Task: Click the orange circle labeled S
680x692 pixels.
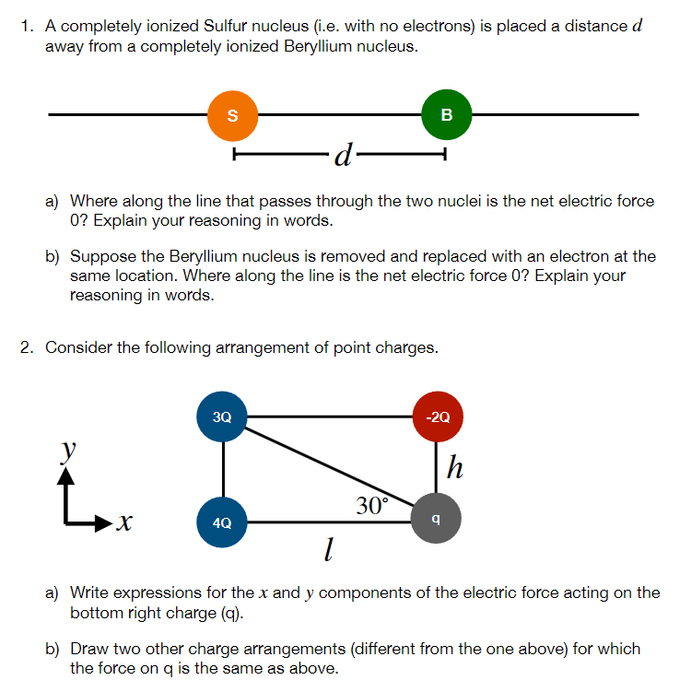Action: (232, 115)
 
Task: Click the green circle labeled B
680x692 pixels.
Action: (447, 115)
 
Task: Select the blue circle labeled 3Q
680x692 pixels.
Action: (222, 416)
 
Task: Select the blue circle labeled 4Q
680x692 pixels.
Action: (222, 522)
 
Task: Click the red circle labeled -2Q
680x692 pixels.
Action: (438, 416)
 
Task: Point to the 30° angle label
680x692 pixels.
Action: (372, 504)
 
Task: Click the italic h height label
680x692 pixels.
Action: (453, 469)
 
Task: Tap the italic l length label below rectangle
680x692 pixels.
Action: (327, 552)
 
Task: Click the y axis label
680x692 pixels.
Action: (66, 449)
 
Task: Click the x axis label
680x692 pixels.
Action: (124, 523)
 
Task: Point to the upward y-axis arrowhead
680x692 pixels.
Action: (65, 474)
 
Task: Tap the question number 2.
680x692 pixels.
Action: (27, 347)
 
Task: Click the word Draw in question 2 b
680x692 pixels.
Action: (90, 649)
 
